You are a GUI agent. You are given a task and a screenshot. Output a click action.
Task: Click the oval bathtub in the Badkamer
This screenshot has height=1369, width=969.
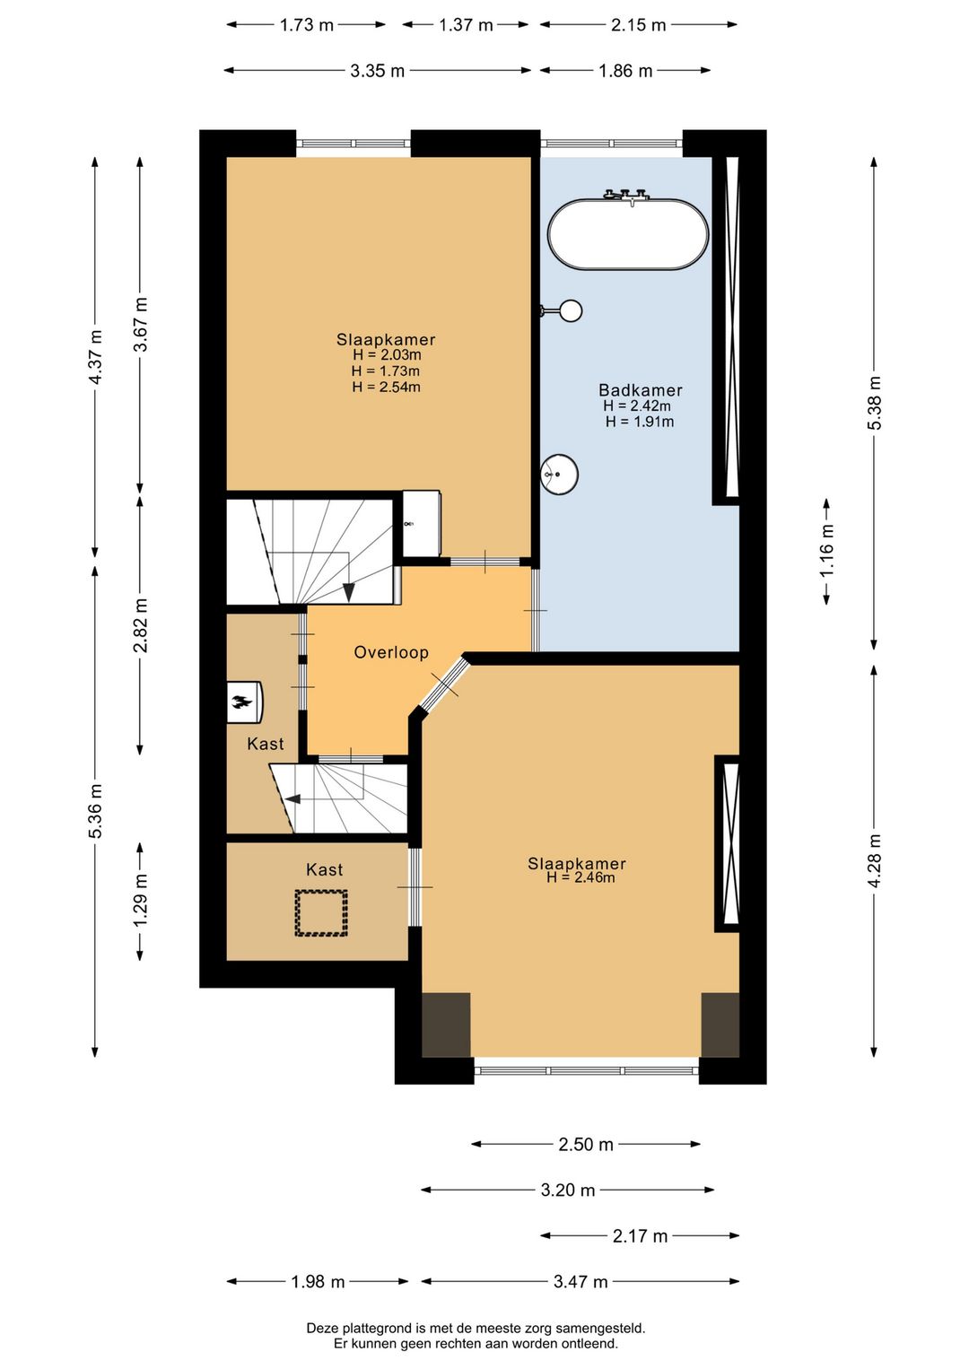(628, 233)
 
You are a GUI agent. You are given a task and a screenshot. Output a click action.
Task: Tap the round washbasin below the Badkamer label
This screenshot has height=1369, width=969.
(559, 474)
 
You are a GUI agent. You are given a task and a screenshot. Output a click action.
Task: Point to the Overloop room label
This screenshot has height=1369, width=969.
(391, 652)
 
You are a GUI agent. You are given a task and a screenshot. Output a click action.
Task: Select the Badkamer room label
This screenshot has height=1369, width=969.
(640, 389)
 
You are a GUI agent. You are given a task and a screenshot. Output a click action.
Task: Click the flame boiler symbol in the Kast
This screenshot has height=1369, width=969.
(244, 702)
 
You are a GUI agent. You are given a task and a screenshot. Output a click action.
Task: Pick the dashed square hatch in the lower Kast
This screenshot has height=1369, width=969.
(321, 913)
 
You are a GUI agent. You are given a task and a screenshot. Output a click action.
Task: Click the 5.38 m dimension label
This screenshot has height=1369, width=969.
(875, 403)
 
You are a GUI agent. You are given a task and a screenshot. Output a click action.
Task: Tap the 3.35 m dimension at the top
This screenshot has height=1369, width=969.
(377, 71)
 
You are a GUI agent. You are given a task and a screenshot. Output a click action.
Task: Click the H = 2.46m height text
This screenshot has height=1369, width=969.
(581, 877)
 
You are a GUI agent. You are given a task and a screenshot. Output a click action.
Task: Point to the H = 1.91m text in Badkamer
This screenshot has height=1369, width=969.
(640, 421)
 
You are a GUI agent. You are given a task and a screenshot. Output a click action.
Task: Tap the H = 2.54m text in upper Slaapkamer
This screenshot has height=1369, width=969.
(386, 387)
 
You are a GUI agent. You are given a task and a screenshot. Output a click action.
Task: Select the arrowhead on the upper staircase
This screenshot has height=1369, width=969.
(348, 592)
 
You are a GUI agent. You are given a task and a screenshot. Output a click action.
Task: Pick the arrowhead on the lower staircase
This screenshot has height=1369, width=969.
(292, 798)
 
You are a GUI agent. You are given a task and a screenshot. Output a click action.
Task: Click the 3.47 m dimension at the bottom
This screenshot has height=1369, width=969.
(581, 1282)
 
